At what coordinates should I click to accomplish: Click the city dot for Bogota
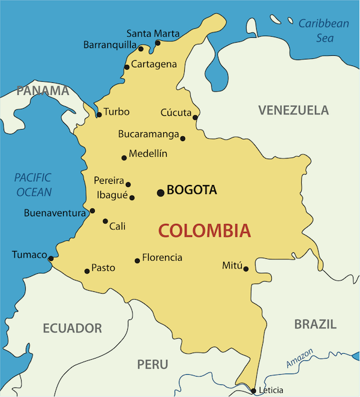(160, 193)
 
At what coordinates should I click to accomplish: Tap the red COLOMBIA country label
(204, 230)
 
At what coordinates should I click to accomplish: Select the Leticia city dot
(253, 390)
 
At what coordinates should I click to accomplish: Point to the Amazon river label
(300, 359)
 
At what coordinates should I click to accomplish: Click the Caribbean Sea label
(323, 30)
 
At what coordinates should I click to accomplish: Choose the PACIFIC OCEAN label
(33, 185)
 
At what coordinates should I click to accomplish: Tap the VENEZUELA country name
(293, 110)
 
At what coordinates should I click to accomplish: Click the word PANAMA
(43, 91)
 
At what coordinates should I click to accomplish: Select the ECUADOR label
(72, 328)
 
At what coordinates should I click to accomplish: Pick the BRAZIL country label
(315, 324)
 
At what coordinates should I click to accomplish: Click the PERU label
(153, 364)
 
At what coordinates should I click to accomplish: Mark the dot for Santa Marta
(158, 43)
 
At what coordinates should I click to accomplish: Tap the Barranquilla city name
(110, 45)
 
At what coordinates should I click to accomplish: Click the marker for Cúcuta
(195, 117)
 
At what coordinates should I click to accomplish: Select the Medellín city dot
(124, 158)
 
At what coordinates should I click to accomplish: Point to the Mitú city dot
(246, 268)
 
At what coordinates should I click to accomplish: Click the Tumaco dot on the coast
(50, 259)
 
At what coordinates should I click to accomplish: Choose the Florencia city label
(162, 258)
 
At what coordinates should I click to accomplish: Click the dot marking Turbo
(99, 115)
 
